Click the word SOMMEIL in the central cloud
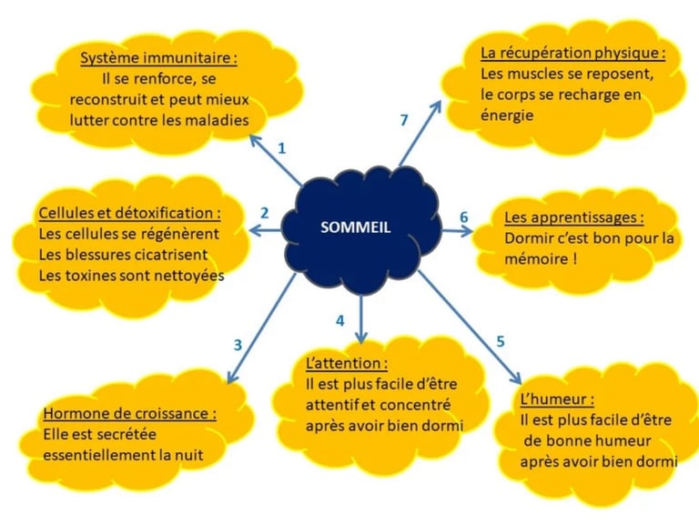[356, 227]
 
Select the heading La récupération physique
[572, 53]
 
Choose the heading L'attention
[347, 363]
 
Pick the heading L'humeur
[558, 399]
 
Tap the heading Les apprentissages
[574, 218]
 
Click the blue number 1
[281, 147]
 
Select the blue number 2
[264, 213]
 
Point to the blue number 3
[238, 345]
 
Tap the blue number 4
[339, 320]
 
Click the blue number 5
[500, 341]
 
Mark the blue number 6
[463, 217]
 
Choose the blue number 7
[405, 119]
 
